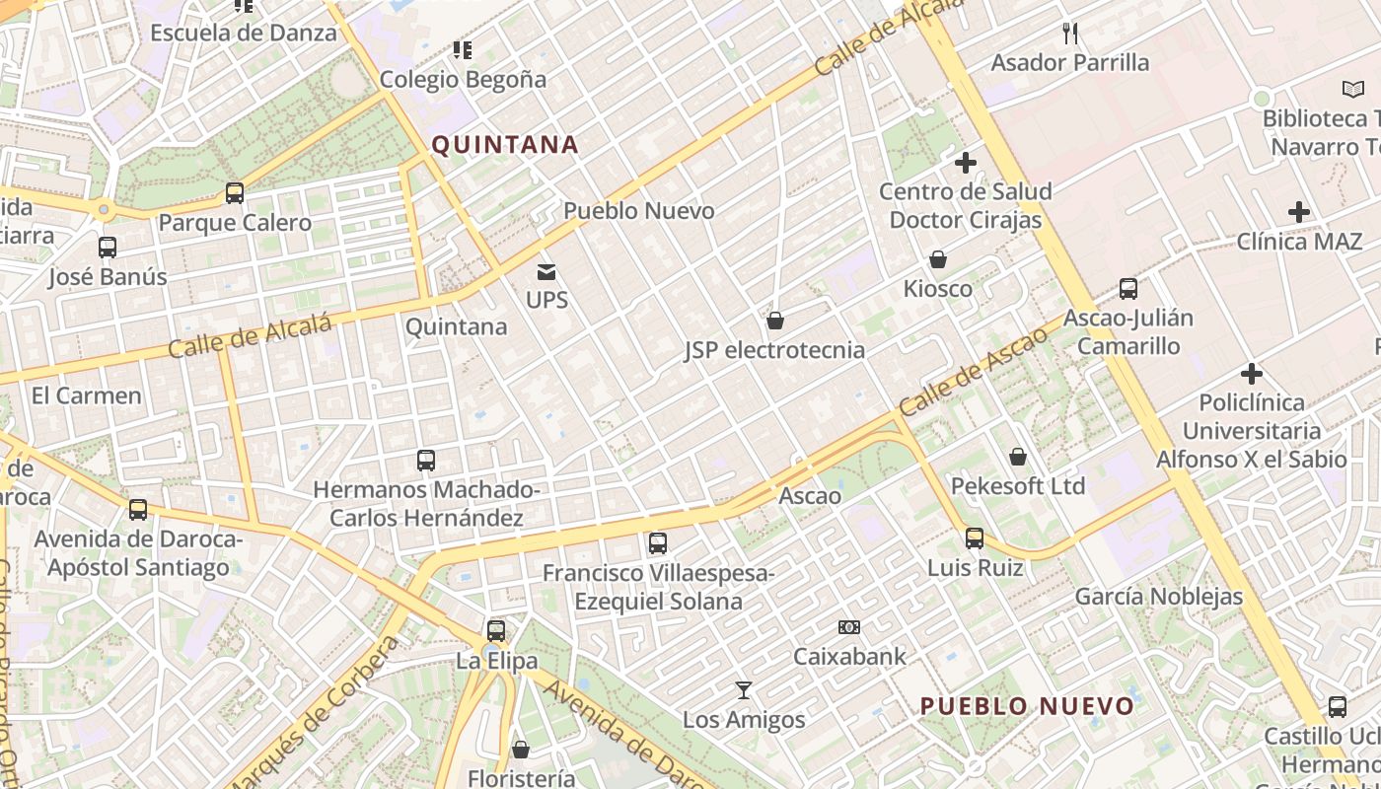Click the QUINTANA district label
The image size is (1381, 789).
click(505, 145)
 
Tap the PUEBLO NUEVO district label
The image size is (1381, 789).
click(1027, 706)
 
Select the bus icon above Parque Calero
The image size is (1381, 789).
click(235, 193)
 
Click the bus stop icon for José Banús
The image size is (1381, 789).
click(108, 248)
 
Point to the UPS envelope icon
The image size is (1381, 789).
click(546, 271)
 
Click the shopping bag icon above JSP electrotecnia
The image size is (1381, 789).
click(775, 321)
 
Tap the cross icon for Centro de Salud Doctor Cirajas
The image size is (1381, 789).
click(966, 163)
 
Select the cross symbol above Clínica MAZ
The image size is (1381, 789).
click(1299, 212)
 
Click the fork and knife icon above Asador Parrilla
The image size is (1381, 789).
click(1070, 35)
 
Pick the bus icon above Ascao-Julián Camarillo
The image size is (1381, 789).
click(1128, 289)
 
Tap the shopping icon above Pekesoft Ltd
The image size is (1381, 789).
click(1018, 457)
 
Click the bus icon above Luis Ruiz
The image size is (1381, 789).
click(975, 538)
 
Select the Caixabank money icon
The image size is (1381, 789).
click(849, 627)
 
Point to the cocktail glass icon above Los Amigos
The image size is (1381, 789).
click(744, 690)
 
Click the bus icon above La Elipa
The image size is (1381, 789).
click(496, 631)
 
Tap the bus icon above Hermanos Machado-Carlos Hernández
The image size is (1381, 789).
click(426, 461)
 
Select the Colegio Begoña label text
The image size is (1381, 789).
click(463, 79)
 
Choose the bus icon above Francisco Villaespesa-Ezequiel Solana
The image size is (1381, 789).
click(658, 543)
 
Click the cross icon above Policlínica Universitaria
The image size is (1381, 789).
click(1252, 374)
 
